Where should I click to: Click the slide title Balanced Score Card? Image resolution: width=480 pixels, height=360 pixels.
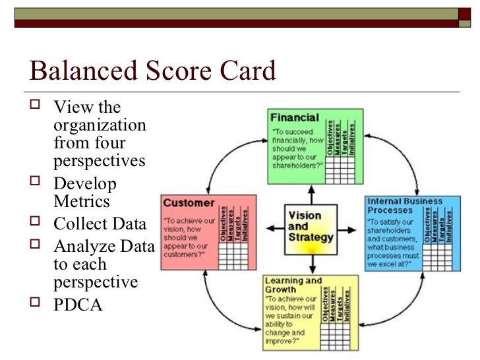(153, 71)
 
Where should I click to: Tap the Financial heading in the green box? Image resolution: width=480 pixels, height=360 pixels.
(295, 118)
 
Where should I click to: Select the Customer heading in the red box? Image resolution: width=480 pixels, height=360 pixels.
(189, 203)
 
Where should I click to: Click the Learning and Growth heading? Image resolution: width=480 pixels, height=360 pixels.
(293, 285)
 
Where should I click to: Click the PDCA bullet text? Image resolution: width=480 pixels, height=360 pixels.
(78, 305)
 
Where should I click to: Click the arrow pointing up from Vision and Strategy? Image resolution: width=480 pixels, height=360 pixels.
(311, 194)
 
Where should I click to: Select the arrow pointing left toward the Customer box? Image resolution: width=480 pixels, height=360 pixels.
(272, 229)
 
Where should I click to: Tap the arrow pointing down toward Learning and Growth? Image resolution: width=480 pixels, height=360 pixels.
(311, 264)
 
